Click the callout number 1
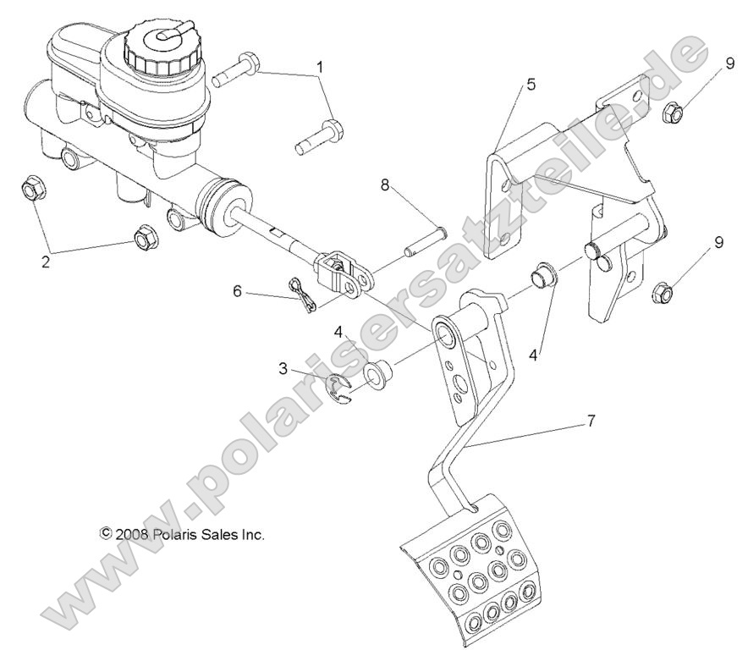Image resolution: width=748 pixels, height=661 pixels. pyautogui.click(x=321, y=67)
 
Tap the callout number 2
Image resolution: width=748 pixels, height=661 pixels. pyautogui.click(x=46, y=262)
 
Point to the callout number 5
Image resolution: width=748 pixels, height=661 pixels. pyautogui.click(x=530, y=85)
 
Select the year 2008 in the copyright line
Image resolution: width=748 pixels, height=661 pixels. pyautogui.click(x=133, y=534)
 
